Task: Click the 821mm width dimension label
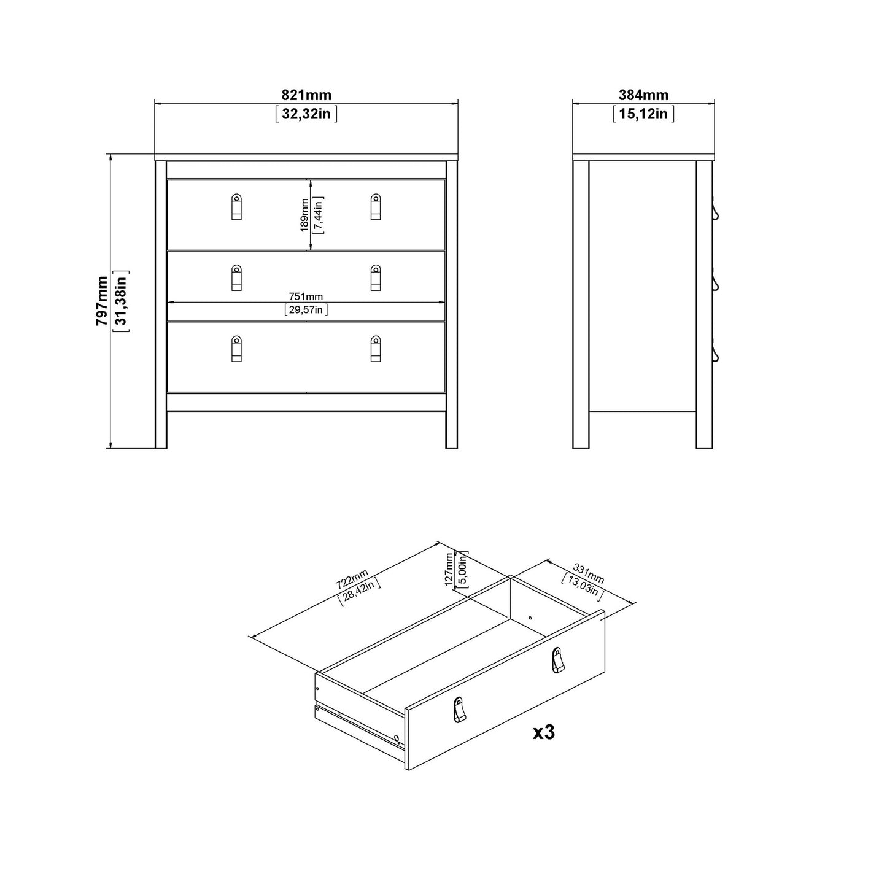(306, 95)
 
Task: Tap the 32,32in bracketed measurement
(306, 114)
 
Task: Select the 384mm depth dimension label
(643, 95)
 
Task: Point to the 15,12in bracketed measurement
(643, 114)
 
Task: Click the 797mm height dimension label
(102, 301)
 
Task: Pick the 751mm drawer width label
(306, 297)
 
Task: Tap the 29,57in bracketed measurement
(306, 310)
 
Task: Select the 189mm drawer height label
(304, 215)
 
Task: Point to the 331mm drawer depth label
(588, 573)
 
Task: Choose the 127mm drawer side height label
(449, 569)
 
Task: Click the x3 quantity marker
(543, 732)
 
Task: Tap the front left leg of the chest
(161, 430)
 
